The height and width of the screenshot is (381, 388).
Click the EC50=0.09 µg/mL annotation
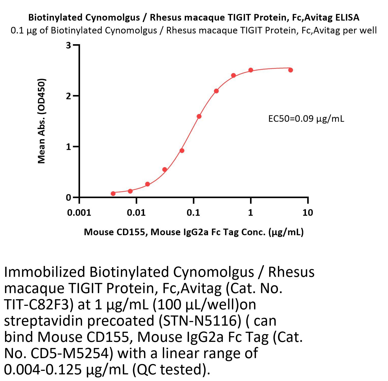306,119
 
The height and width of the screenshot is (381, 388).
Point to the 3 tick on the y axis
68,45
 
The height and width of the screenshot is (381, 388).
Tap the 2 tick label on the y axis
68,96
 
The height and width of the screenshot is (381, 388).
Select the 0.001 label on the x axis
79,212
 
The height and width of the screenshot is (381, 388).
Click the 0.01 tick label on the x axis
136,212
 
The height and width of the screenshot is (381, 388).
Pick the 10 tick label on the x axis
308,212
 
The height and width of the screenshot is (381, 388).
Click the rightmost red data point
290,70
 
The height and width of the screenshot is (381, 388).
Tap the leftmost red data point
113,194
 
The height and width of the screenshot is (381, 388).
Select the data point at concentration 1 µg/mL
251,70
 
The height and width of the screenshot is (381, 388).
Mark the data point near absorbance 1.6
199,116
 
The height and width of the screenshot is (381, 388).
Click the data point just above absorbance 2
216,91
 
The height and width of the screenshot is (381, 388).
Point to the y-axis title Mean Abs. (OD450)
41,121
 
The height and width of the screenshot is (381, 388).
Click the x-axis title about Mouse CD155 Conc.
194,232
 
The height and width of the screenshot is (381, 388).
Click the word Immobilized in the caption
44,272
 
